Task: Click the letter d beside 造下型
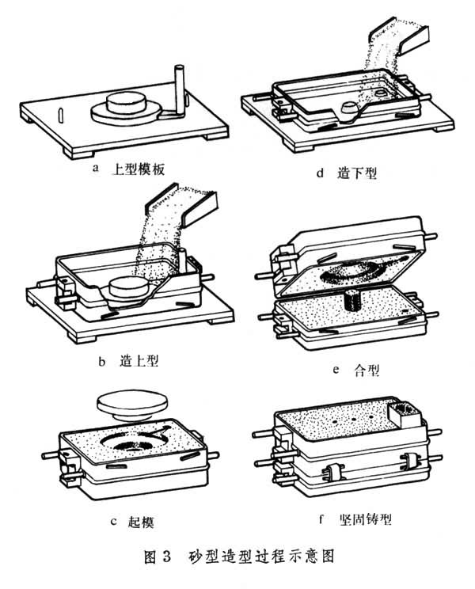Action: (320, 173)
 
